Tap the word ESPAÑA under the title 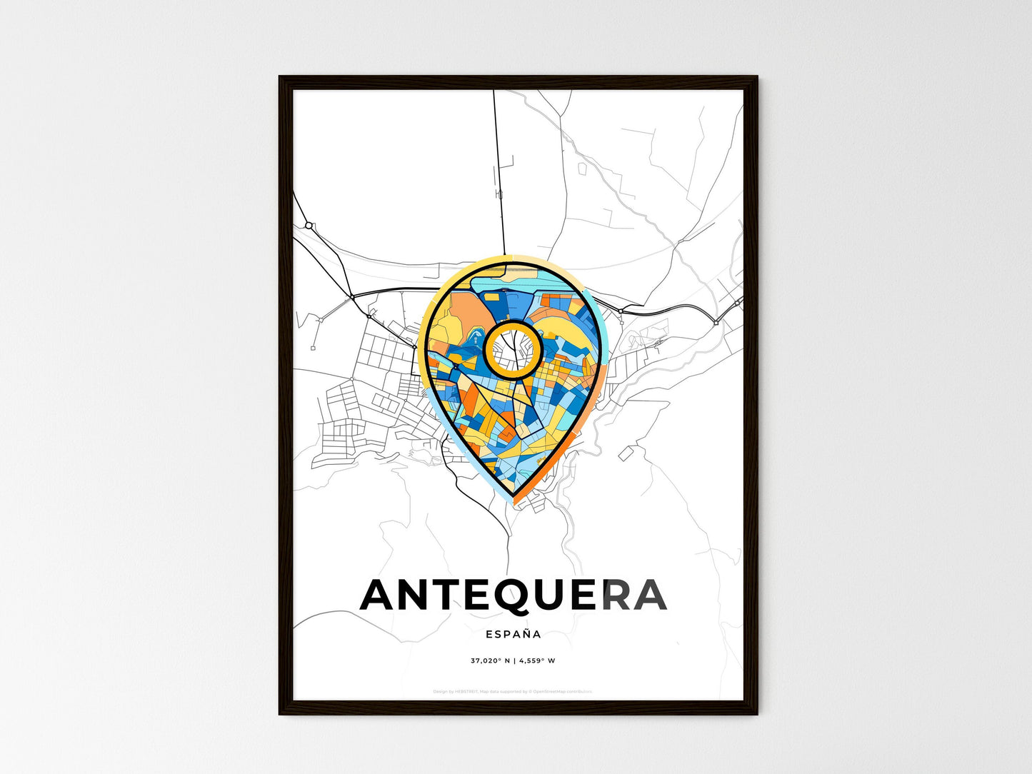tap(513, 634)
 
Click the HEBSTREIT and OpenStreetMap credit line tap(513, 691)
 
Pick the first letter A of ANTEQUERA tap(379, 595)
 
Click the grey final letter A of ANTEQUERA tap(649, 595)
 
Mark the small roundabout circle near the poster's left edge tap(309, 226)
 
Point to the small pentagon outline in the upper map tap(581, 169)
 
